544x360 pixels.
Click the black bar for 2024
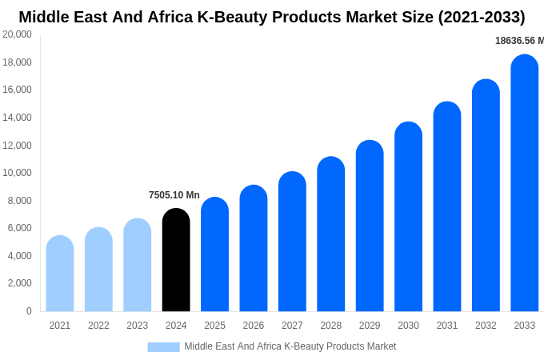[x=176, y=260]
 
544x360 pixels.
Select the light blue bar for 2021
[x=60, y=274]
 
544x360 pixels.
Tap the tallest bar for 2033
[x=524, y=183]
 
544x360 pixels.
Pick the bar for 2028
[x=330, y=234]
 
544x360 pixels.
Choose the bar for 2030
[x=408, y=217]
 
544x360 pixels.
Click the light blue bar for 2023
[x=138, y=265]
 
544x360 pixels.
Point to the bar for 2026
[x=254, y=249]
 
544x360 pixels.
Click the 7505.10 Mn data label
[x=174, y=195]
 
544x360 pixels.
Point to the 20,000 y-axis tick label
[x=18, y=34]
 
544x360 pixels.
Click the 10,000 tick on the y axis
[x=18, y=173]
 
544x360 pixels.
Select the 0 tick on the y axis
[x=29, y=311]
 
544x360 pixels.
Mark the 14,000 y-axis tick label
[x=18, y=118]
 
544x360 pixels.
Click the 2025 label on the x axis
[x=214, y=326]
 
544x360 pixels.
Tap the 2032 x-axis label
[x=486, y=326]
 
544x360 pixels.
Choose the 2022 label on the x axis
[x=98, y=326]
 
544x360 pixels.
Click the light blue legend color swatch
[x=163, y=347]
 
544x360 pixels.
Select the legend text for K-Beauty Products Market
[x=290, y=346]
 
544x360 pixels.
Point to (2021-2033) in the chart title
[x=482, y=17]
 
